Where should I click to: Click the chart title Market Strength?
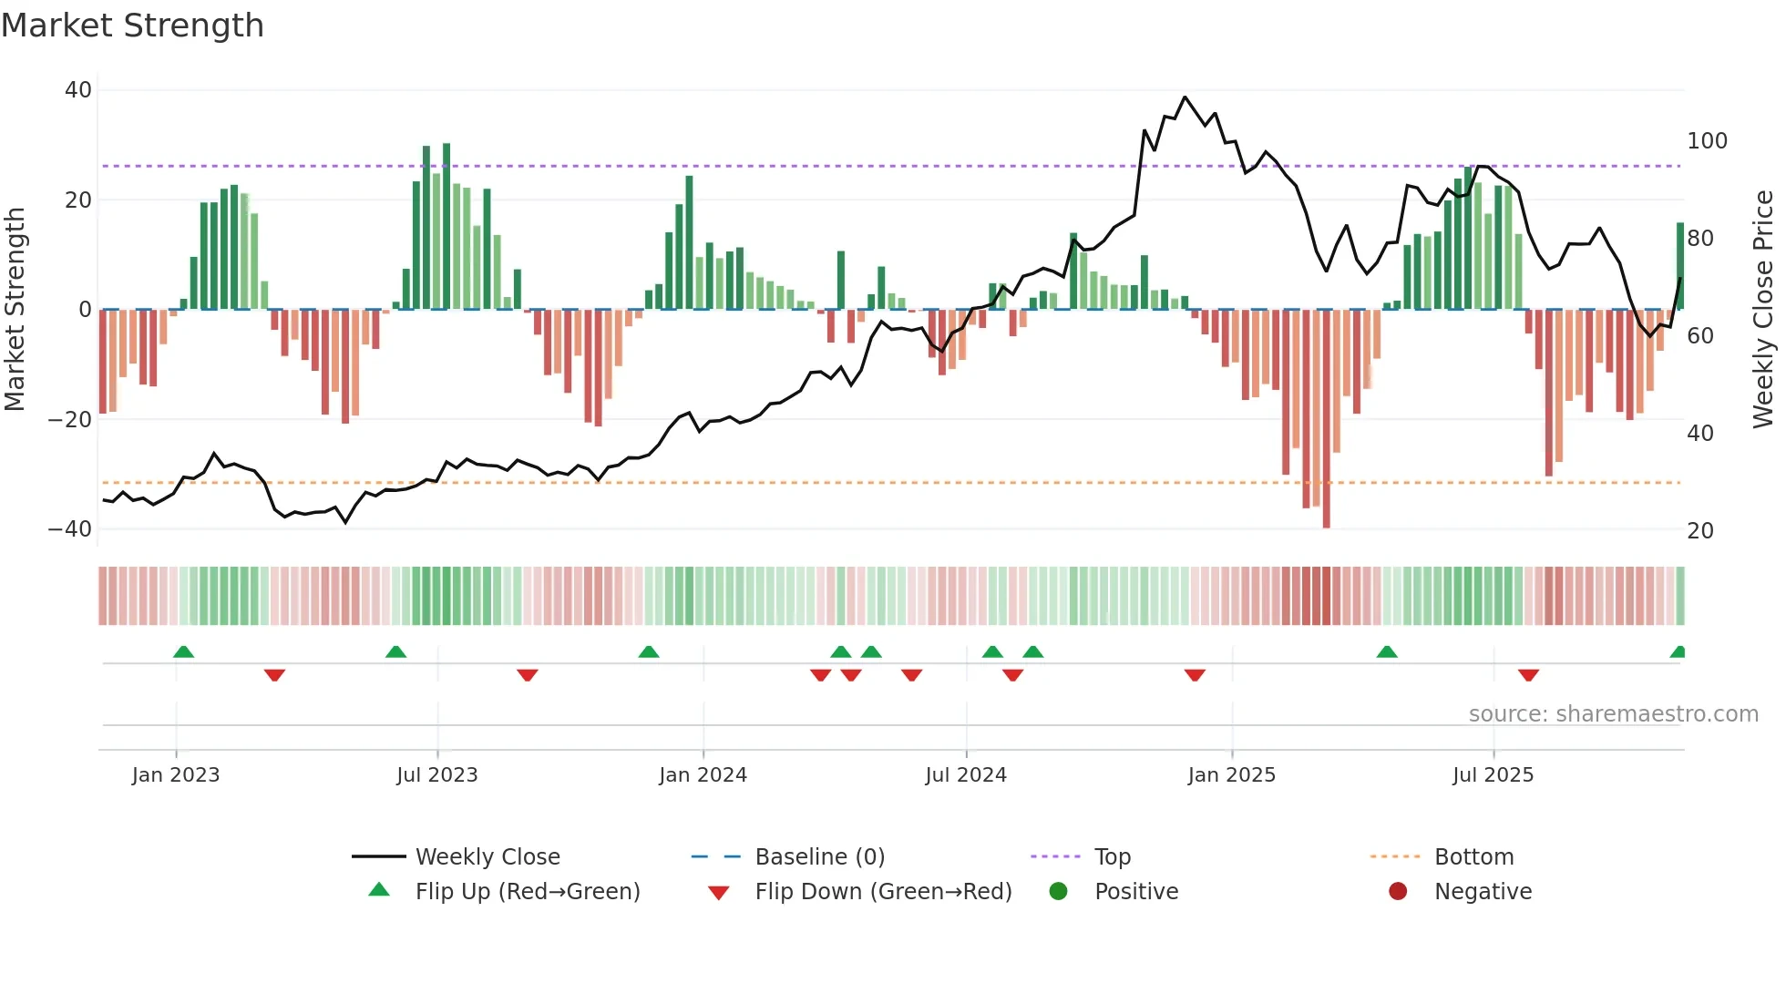click(x=132, y=26)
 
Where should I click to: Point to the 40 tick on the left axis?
click(x=78, y=90)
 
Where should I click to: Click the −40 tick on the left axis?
click(x=70, y=529)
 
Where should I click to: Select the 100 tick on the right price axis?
click(x=1707, y=141)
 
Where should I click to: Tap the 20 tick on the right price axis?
click(x=1700, y=531)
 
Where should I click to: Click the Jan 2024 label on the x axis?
click(x=703, y=775)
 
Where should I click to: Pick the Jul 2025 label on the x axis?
click(x=1493, y=775)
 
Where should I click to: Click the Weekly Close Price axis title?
click(x=1763, y=310)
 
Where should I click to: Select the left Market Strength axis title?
click(x=15, y=310)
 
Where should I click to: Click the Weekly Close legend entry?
click(x=488, y=857)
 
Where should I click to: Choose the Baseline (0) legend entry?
click(x=819, y=857)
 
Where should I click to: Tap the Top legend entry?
click(x=1112, y=857)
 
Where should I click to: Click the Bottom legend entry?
click(x=1473, y=857)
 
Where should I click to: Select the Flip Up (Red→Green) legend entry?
click(x=527, y=892)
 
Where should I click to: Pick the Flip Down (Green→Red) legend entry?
click(x=883, y=892)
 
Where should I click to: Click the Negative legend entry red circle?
click(x=1398, y=892)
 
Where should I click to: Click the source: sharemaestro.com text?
click(x=1613, y=714)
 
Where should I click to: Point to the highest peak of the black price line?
click(x=1185, y=97)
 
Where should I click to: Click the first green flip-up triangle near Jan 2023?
click(x=183, y=652)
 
